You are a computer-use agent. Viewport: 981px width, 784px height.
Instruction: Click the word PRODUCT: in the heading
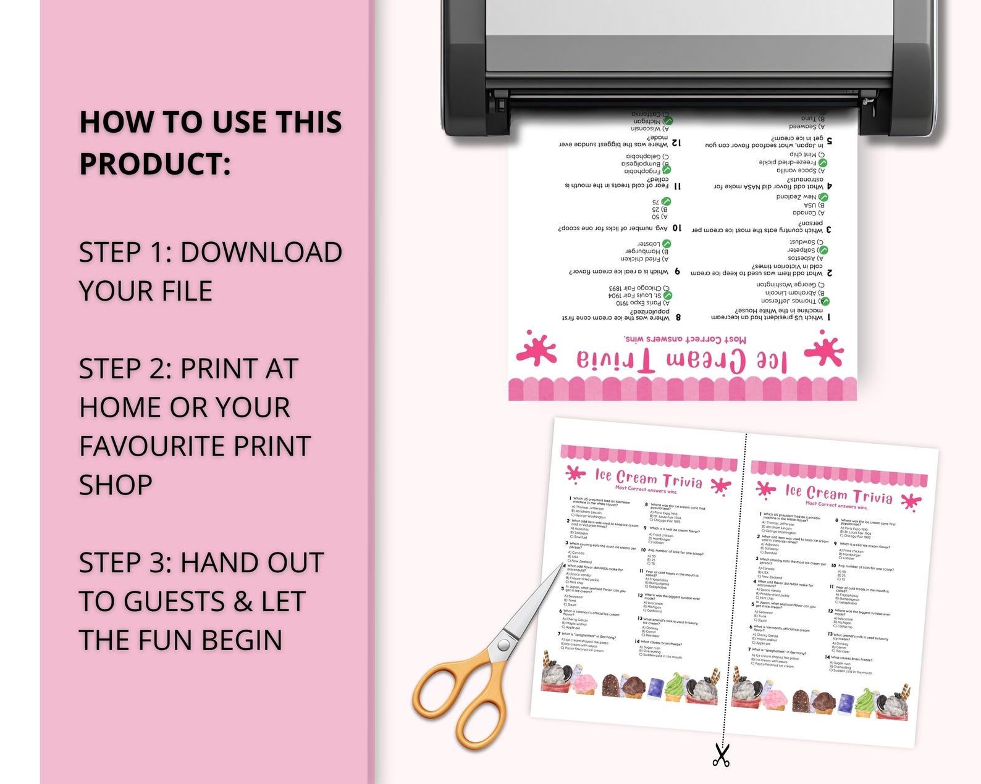click(155, 164)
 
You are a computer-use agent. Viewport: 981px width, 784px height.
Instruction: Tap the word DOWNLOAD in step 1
click(261, 252)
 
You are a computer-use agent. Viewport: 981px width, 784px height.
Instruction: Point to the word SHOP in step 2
click(116, 485)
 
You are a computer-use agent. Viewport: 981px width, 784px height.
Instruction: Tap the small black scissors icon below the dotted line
click(721, 755)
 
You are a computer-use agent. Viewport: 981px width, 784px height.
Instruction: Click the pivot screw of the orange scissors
click(503, 646)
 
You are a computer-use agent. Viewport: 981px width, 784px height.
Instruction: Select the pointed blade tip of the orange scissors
click(562, 564)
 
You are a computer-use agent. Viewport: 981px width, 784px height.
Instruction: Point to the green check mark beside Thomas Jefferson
click(824, 301)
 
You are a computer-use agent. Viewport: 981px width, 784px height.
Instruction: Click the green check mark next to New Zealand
click(823, 197)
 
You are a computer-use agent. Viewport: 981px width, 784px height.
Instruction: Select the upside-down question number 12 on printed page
click(676, 143)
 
